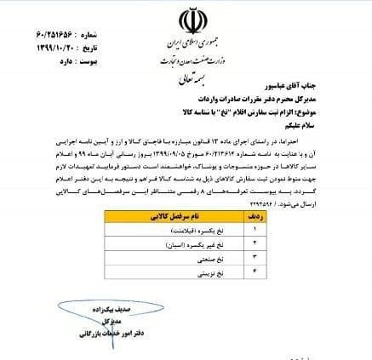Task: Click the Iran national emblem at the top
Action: (186, 20)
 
